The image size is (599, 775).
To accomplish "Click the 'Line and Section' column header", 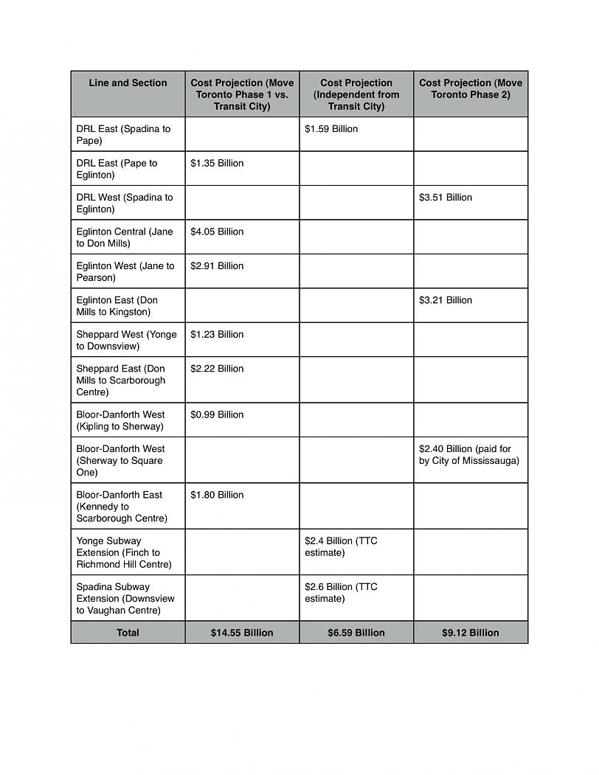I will coord(128,83).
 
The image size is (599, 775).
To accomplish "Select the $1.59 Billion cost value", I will coord(331,129).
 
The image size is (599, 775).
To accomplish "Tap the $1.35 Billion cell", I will coord(217,164).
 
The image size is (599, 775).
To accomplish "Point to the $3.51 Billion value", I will coord(446,198).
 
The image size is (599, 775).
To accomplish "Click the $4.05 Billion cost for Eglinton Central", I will coord(217,232).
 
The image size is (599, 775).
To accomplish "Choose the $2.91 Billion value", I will coord(217,266).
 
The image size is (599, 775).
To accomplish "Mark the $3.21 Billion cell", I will coord(446,300).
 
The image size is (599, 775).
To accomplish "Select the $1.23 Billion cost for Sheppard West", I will coord(217,335).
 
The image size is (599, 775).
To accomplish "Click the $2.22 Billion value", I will coord(217,369).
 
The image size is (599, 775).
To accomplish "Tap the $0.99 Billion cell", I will coord(217,415).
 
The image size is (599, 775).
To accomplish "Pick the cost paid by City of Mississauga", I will coord(469,455).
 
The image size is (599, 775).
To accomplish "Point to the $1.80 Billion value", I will coord(217,496).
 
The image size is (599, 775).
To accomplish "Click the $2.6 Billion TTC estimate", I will coord(341,593).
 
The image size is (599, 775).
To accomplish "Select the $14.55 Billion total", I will coord(242,633).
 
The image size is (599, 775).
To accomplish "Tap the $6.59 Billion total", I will coord(356,633).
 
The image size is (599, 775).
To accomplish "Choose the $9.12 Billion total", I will coord(471,633).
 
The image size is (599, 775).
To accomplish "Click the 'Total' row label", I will coord(128,633).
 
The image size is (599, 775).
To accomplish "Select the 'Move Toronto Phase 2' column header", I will coord(471,89).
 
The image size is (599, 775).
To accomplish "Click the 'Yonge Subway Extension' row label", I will coord(124,553).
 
